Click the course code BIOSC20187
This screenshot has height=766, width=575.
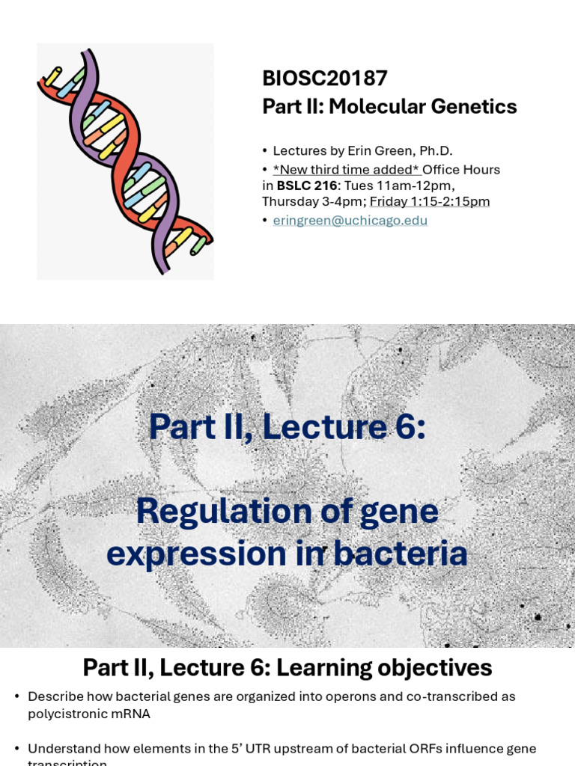click(324, 79)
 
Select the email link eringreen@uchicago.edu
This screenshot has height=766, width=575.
click(350, 221)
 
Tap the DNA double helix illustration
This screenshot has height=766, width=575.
click(125, 161)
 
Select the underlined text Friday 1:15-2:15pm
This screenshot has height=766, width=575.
click(430, 201)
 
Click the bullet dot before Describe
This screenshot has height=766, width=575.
click(16, 697)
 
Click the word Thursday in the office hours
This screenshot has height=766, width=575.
click(287, 201)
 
